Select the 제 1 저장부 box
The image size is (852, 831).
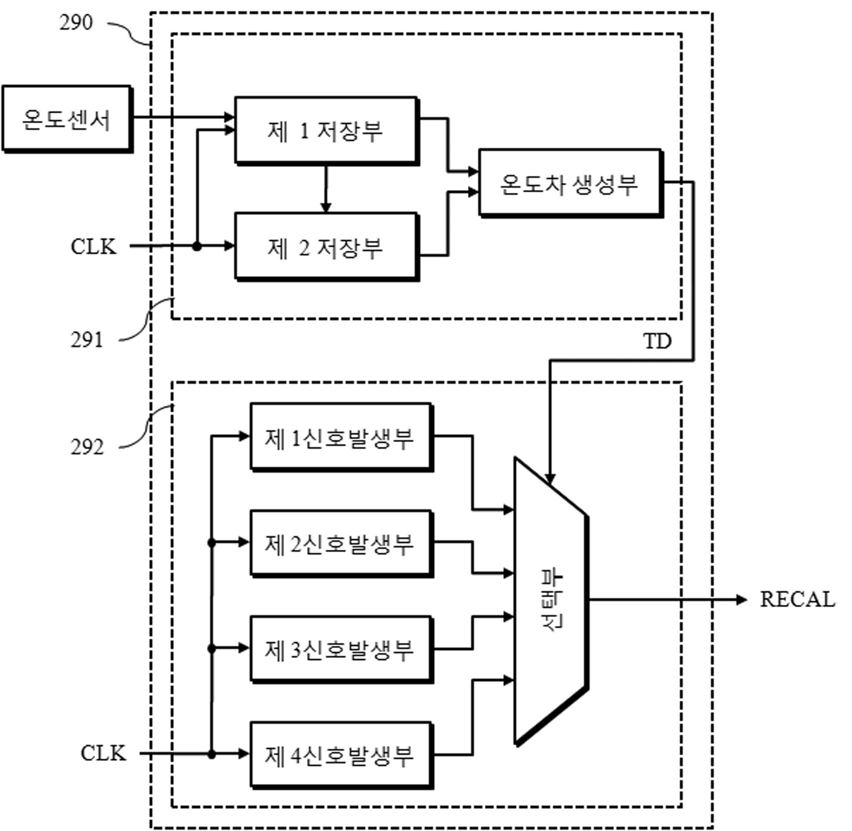[327, 131]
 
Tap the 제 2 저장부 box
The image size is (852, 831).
[327, 247]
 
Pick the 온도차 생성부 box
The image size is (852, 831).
[571, 183]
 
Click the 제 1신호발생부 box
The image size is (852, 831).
[342, 437]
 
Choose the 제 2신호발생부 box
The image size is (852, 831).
[342, 544]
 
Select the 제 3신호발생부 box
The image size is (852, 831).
[342, 650]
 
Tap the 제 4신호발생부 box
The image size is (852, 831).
[342, 755]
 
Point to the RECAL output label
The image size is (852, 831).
[798, 600]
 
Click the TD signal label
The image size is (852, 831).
[657, 341]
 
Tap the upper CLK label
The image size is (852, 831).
[93, 247]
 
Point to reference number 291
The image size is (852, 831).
[87, 340]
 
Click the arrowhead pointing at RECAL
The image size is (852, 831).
[742, 600]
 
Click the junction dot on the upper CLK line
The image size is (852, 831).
[197, 247]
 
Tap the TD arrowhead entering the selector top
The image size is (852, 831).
[550, 479]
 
